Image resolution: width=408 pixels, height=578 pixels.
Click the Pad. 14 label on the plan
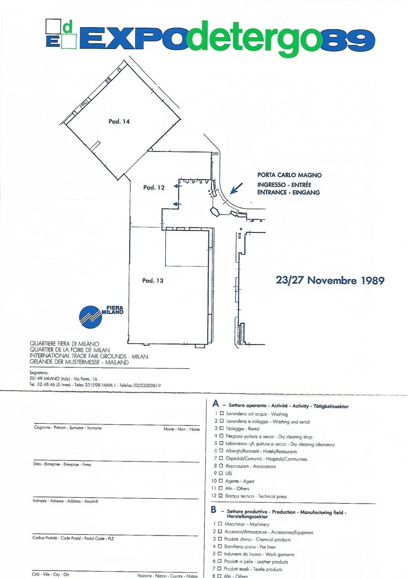pyautogui.click(x=119, y=122)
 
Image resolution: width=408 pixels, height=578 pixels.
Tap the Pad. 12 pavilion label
pyautogui.click(x=154, y=187)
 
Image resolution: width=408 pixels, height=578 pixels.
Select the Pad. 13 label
pyautogui.click(x=152, y=280)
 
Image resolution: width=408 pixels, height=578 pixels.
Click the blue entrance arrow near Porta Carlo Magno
pyautogui.click(x=236, y=188)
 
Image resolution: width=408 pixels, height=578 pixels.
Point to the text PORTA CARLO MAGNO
pyautogui.click(x=289, y=175)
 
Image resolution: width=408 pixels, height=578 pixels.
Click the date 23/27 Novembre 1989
pyautogui.click(x=330, y=280)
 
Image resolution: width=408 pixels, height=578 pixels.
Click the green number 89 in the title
pyautogui.click(x=347, y=40)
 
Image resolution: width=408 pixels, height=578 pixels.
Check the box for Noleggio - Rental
pyautogui.click(x=222, y=428)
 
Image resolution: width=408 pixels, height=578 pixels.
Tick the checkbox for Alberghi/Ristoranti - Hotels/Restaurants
pyautogui.click(x=222, y=451)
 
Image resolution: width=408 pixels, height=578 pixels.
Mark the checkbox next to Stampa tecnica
pyautogui.click(x=222, y=496)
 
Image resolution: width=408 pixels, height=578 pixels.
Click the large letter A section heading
pyautogui.click(x=215, y=405)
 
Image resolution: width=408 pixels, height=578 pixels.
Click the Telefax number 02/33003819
pyautogui.click(x=135, y=384)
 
